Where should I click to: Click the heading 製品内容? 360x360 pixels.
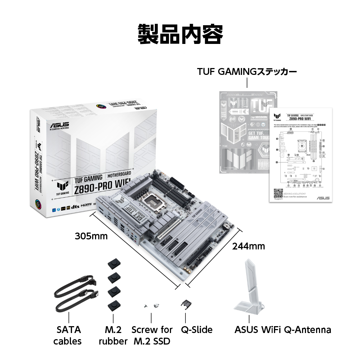pyautogui.click(x=180, y=34)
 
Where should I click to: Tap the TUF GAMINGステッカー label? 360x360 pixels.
pyautogui.click(x=247, y=72)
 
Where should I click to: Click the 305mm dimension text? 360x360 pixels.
pyautogui.click(x=91, y=236)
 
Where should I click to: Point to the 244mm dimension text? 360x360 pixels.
pyautogui.click(x=248, y=246)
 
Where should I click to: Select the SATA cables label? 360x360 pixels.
pyautogui.click(x=69, y=335)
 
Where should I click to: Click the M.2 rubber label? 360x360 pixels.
pyautogui.click(x=113, y=335)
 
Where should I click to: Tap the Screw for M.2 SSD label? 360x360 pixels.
pyautogui.click(x=152, y=335)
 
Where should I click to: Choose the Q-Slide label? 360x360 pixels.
pyautogui.click(x=197, y=329)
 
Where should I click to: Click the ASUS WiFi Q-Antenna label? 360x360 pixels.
pyautogui.click(x=283, y=329)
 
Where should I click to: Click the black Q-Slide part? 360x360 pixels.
pyautogui.click(x=185, y=305)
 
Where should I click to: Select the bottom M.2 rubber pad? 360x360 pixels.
pyautogui.click(x=113, y=306)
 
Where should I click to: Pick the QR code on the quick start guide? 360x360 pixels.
pyautogui.click(x=278, y=194)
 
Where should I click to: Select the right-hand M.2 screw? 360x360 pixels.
pyautogui.click(x=157, y=306)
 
